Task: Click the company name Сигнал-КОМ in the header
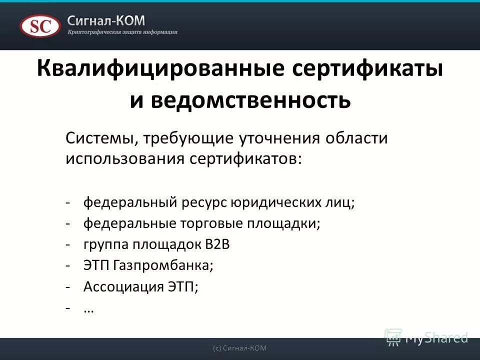click(106, 20)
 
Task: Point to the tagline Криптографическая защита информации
click(122, 32)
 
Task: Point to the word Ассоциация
click(120, 286)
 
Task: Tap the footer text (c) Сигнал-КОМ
click(239, 348)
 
